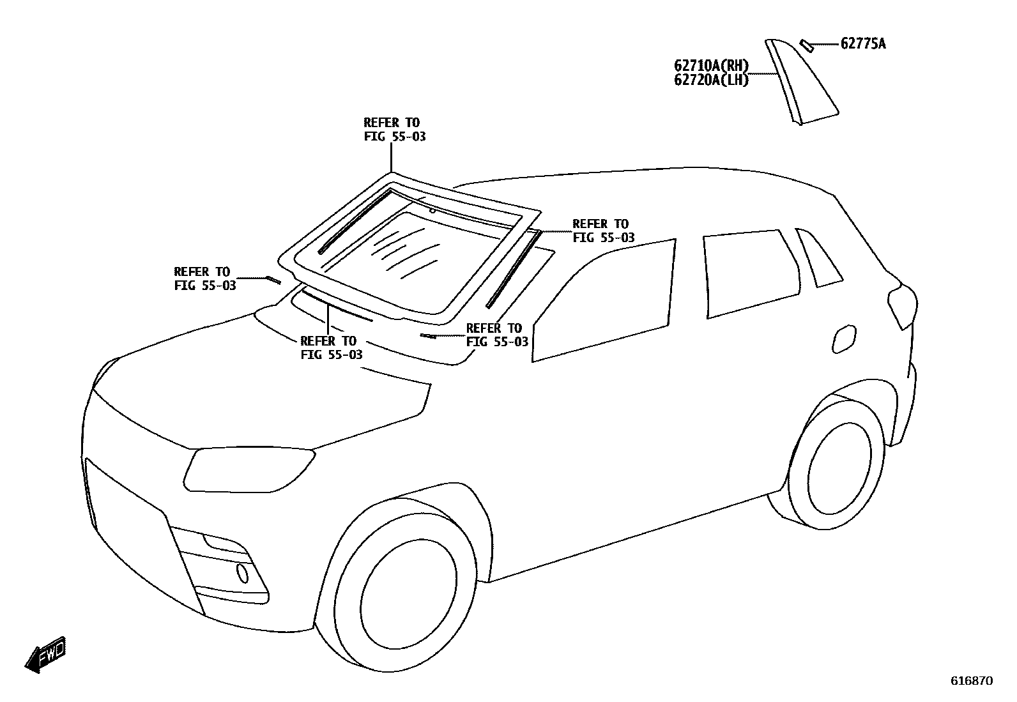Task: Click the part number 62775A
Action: click(862, 43)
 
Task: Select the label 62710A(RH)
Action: click(711, 65)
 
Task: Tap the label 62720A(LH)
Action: click(711, 80)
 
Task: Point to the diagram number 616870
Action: click(972, 681)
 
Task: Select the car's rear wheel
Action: click(838, 468)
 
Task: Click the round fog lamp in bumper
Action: click(242, 573)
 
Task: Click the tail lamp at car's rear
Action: click(903, 305)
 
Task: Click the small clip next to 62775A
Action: click(807, 45)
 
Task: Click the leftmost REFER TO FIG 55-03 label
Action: click(204, 279)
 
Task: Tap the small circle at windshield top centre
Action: click(432, 210)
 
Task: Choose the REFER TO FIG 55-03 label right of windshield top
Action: click(603, 231)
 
